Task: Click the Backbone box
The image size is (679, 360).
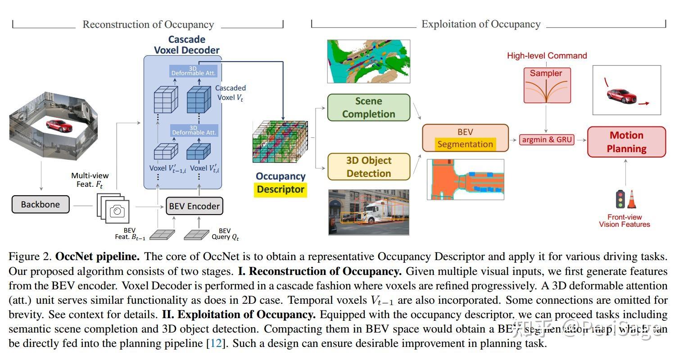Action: click(41, 204)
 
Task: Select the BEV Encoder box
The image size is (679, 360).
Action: click(195, 206)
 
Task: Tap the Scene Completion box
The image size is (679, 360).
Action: click(368, 108)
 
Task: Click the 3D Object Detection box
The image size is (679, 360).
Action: click(368, 167)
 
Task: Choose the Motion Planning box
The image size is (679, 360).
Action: click(626, 142)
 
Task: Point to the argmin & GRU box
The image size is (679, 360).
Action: click(547, 139)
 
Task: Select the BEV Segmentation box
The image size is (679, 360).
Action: click(465, 138)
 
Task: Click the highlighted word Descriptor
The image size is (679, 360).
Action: click(281, 189)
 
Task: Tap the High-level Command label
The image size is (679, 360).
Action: click(547, 56)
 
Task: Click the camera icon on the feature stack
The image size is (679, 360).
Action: click(117, 211)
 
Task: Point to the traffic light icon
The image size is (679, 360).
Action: click(620, 199)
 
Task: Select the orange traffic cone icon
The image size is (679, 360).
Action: click(632, 199)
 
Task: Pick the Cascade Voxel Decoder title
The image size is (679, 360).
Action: click(186, 45)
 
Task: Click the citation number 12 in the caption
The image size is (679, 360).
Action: click(216, 344)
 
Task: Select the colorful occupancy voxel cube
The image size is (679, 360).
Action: click(279, 142)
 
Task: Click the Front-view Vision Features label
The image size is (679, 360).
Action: click(625, 220)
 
